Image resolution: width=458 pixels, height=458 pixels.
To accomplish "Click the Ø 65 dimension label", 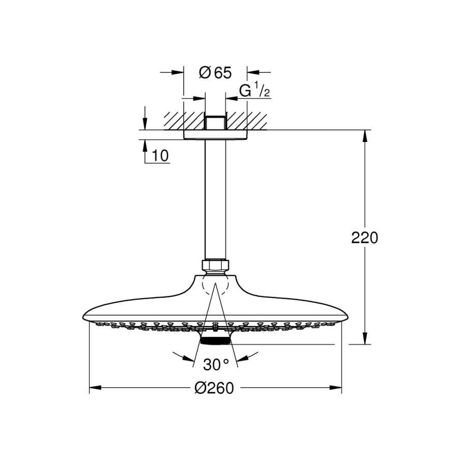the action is point(215,73).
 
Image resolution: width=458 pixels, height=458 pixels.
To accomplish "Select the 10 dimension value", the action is point(160,156).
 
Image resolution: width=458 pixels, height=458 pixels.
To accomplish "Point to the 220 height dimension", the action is point(364,238).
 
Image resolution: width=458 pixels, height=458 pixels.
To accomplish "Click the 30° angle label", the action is point(216,364).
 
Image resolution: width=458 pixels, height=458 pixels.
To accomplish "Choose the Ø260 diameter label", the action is point(214,388).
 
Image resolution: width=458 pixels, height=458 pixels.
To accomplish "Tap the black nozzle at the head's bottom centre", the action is point(215,340).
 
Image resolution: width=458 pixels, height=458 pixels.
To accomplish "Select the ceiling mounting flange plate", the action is point(215,135).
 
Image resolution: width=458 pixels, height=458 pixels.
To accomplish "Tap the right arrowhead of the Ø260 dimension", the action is point(336,388).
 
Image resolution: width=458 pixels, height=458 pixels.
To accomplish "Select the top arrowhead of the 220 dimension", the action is point(365,136).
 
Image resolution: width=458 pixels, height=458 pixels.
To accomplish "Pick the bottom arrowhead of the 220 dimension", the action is point(365,338).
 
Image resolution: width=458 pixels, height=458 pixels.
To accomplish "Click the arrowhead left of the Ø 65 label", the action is point(178,72).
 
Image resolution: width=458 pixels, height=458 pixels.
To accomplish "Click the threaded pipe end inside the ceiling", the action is point(215,123).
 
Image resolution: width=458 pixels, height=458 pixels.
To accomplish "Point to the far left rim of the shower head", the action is point(83,317).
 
